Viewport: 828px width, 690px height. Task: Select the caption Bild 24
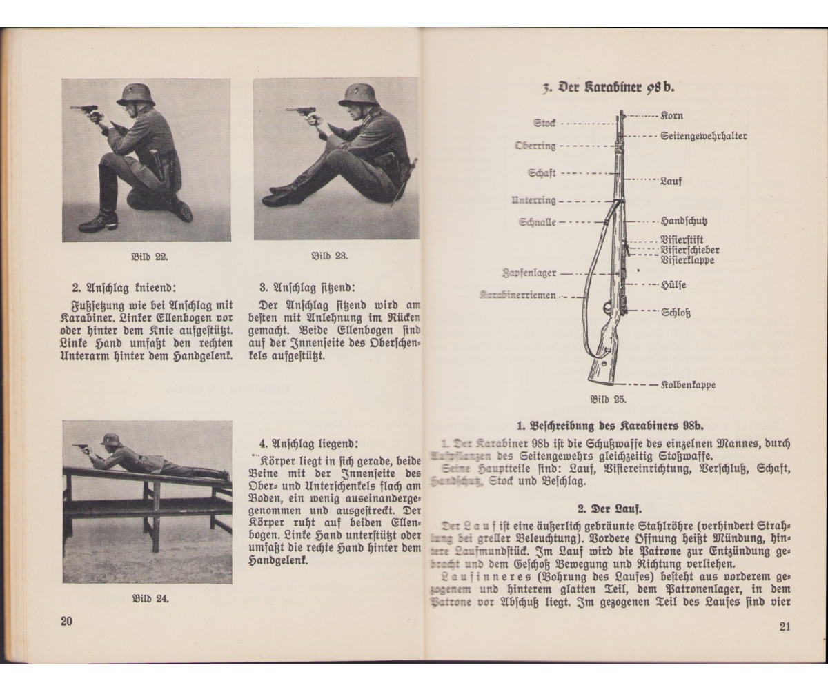[150, 598]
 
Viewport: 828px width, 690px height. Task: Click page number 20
[67, 621]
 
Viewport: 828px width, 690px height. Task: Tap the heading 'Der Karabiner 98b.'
[607, 88]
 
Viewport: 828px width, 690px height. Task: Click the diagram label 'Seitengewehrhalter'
[703, 137]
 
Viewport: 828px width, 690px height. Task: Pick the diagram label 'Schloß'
[676, 312]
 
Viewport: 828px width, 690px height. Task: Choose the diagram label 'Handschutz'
[684, 222]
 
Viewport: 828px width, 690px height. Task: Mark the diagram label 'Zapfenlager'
[529, 273]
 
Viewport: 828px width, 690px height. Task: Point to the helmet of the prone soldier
[110, 439]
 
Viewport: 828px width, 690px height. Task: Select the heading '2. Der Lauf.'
[608, 510]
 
